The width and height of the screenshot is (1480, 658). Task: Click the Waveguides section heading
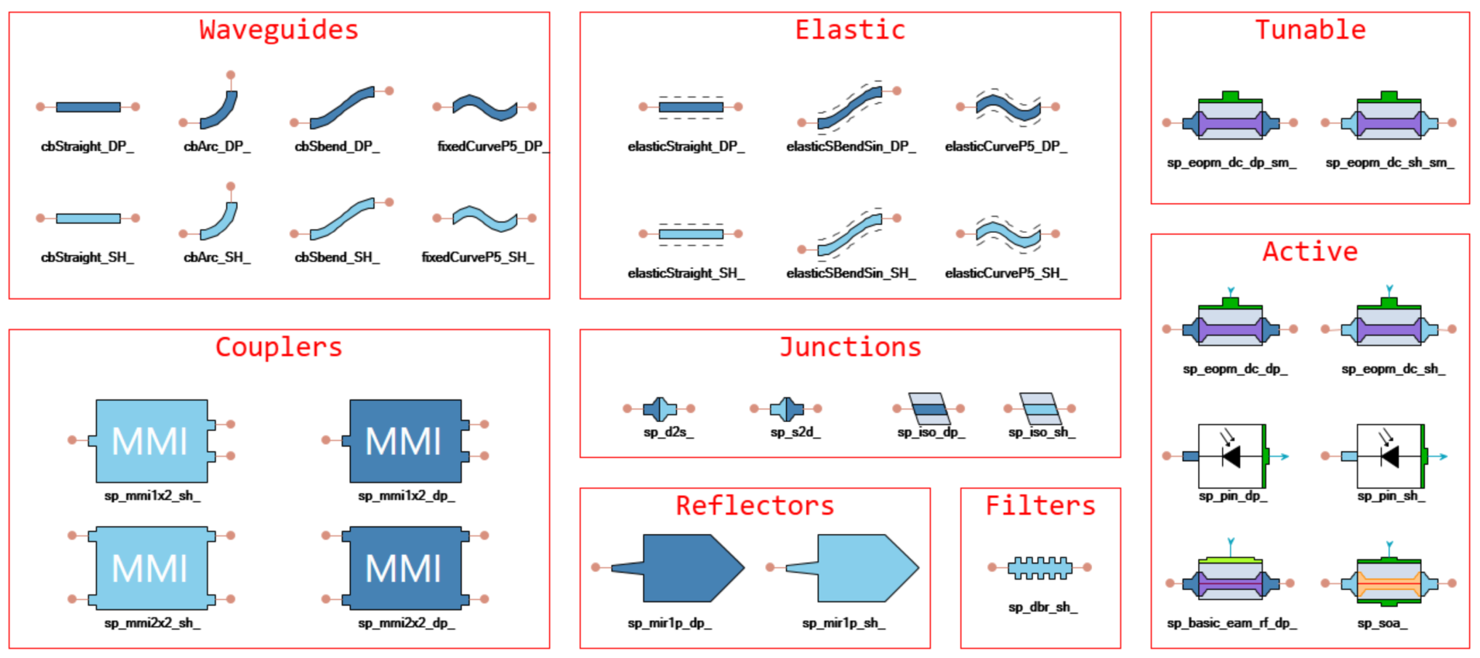279,30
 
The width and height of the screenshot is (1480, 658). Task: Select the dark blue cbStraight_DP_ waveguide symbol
88,107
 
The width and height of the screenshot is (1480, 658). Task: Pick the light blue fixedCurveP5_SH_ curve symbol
485,219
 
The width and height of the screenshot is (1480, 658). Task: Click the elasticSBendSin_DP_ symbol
850,107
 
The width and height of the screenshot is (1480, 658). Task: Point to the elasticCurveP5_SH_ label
1006,273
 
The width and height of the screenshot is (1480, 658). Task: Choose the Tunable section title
1310,30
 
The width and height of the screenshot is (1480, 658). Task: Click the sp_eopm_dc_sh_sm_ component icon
1389,121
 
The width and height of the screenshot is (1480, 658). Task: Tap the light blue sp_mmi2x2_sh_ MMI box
152,568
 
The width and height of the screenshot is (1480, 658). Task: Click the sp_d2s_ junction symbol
660,408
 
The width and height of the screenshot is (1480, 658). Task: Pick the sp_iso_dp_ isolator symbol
928,408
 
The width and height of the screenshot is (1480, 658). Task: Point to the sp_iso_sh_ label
1042,432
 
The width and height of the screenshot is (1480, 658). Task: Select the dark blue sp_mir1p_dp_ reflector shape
678,568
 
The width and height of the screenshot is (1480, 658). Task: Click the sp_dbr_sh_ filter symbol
1040,568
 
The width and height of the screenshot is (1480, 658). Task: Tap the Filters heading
1040,506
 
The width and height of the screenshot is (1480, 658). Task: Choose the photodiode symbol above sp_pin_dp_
1231,456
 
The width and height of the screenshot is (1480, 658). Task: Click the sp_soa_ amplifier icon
1389,581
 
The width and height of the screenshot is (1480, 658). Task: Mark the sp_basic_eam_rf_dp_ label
1231,623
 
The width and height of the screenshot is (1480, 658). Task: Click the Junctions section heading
850,347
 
